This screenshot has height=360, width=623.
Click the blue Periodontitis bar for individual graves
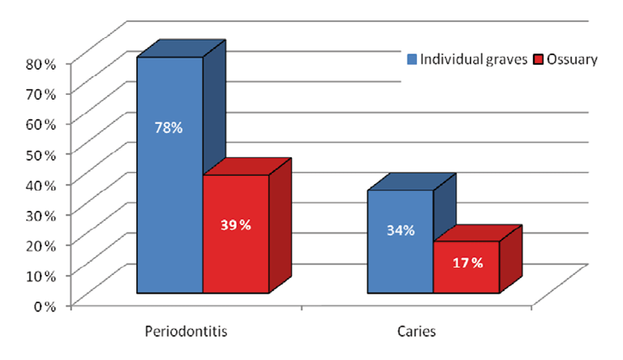pyautogui.click(x=170, y=203)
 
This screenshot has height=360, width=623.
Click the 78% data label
pyautogui.click(x=170, y=127)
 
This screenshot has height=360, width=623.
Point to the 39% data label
pyautogui.click(x=235, y=225)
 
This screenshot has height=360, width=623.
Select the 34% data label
pyautogui.click(x=400, y=230)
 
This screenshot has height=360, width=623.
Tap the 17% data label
pyautogui.click(x=466, y=262)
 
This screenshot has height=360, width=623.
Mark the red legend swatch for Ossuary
pyautogui.click(x=539, y=59)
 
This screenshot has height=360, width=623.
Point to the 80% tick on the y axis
pyautogui.click(x=39, y=63)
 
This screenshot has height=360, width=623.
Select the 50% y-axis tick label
pyautogui.click(x=39, y=154)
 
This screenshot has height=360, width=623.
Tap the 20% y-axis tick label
pyautogui.click(x=39, y=244)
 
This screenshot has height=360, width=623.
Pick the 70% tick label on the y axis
pyautogui.click(x=39, y=93)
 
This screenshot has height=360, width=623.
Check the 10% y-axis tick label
pyautogui.click(x=39, y=275)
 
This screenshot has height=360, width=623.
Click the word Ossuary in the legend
pyautogui.click(x=573, y=59)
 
